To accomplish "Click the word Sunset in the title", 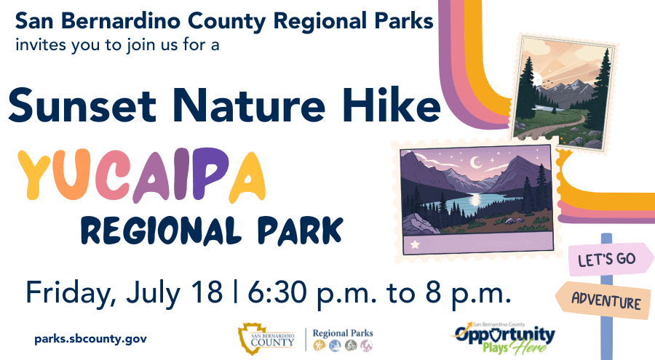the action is (82, 105).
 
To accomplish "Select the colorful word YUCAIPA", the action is (141, 175).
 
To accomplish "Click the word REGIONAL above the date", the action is (162, 230).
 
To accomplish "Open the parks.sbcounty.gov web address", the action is (91, 339).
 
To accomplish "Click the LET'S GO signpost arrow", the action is (611, 259).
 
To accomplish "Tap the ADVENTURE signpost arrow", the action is (603, 300).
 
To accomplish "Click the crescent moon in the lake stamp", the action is (476, 161).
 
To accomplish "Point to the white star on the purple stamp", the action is (415, 244).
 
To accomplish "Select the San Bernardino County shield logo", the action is (252, 338).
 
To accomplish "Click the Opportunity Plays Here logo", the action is (504, 338).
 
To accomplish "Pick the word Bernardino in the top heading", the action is (122, 21).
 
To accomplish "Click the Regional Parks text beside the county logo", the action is (343, 333).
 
